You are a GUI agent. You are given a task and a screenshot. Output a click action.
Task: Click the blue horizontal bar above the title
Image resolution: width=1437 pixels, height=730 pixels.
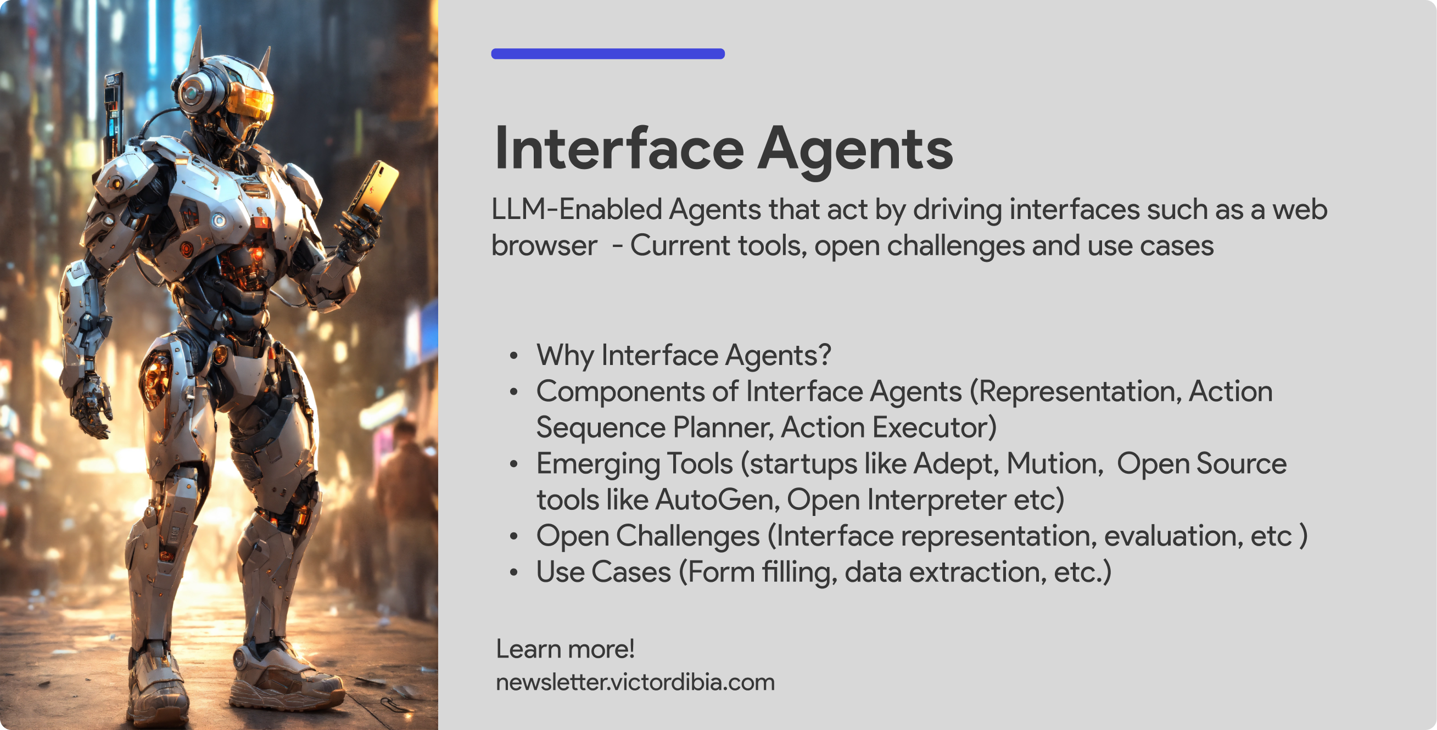[607, 54]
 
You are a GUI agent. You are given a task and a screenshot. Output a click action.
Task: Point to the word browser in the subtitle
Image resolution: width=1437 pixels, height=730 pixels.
[544, 246]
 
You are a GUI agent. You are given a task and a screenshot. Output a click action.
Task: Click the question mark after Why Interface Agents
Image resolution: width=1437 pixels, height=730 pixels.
[825, 355]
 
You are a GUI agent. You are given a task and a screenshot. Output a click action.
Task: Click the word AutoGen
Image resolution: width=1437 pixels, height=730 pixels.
[716, 499]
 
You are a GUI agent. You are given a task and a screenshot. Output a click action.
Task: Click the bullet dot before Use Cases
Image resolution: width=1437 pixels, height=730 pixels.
[514, 572]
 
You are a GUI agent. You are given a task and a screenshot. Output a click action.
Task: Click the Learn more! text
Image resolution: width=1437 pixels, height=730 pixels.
[565, 649]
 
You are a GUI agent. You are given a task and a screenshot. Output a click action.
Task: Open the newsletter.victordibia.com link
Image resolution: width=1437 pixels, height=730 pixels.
[635, 683]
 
